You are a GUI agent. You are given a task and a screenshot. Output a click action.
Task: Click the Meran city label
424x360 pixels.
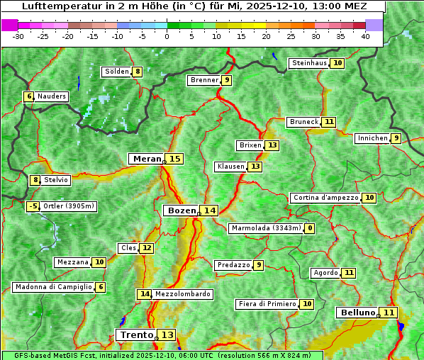coord(147,159)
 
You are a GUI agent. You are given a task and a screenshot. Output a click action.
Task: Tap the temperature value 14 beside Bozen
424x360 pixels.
coord(209,210)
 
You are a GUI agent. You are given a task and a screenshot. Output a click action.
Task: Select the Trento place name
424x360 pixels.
coord(136,334)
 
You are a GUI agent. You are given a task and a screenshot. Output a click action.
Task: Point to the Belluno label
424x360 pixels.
coord(357,313)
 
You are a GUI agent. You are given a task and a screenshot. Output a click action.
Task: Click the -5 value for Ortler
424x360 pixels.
coord(33,206)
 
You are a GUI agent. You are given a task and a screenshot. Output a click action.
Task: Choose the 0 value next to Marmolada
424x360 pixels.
coord(310,228)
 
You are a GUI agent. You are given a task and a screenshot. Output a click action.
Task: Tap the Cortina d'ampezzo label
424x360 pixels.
coord(325,198)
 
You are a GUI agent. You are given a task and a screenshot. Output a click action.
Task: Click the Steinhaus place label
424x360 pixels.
coord(309,63)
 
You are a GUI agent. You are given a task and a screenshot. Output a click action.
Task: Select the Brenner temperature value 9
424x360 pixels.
coord(227,80)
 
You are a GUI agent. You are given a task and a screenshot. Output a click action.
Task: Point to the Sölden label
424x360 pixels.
coord(116,72)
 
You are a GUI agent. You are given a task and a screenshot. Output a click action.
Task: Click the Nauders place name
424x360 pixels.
coord(52,96)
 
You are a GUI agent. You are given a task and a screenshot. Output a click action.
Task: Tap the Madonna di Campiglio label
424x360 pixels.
coord(54,287)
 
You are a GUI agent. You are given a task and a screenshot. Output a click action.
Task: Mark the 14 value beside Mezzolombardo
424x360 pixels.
coord(145,294)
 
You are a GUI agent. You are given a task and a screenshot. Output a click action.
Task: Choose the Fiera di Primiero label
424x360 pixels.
coord(267,304)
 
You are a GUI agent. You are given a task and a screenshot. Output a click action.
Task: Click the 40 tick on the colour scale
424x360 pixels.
coord(365,35)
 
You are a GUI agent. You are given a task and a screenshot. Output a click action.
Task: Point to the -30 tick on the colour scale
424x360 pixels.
coord(18,35)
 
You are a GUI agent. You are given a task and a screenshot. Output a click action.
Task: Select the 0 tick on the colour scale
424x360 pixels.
coord(167,35)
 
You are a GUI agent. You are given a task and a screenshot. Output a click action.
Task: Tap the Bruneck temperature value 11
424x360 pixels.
coord(329,122)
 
